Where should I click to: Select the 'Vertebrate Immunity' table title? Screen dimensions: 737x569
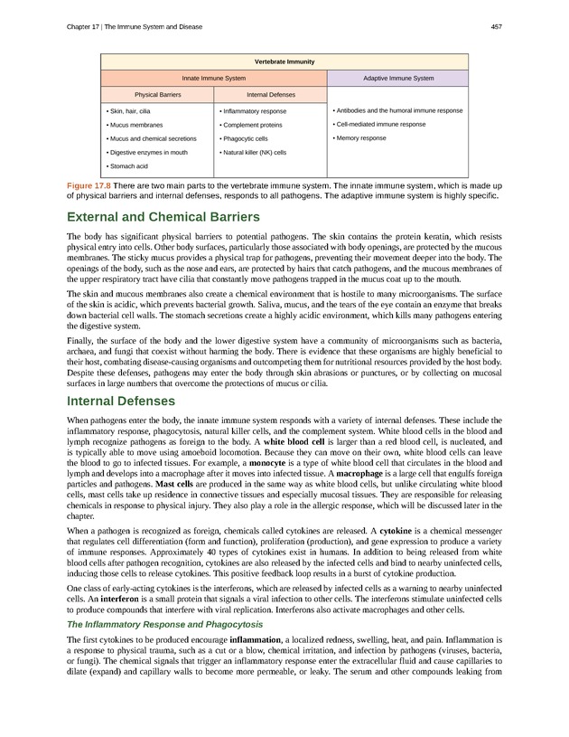point(284,61)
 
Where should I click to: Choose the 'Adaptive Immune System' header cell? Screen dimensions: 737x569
point(397,79)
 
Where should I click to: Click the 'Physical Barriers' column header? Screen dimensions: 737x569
point(159,94)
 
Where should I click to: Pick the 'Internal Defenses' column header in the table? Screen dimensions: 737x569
point(269,94)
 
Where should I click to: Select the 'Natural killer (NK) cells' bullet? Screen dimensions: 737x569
point(254,153)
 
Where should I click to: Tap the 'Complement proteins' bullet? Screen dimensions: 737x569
point(252,124)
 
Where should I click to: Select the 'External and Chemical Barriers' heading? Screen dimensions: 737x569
point(163,217)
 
